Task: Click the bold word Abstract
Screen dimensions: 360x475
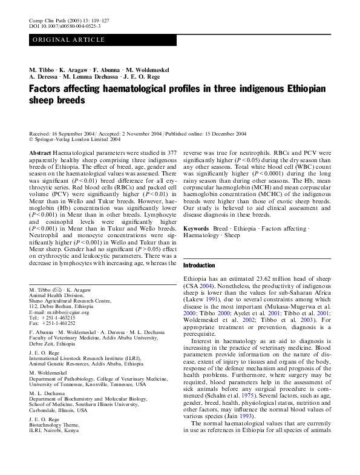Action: [39, 154]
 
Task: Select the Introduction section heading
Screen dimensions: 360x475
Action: [198, 266]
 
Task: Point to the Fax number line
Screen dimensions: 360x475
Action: [57, 324]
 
